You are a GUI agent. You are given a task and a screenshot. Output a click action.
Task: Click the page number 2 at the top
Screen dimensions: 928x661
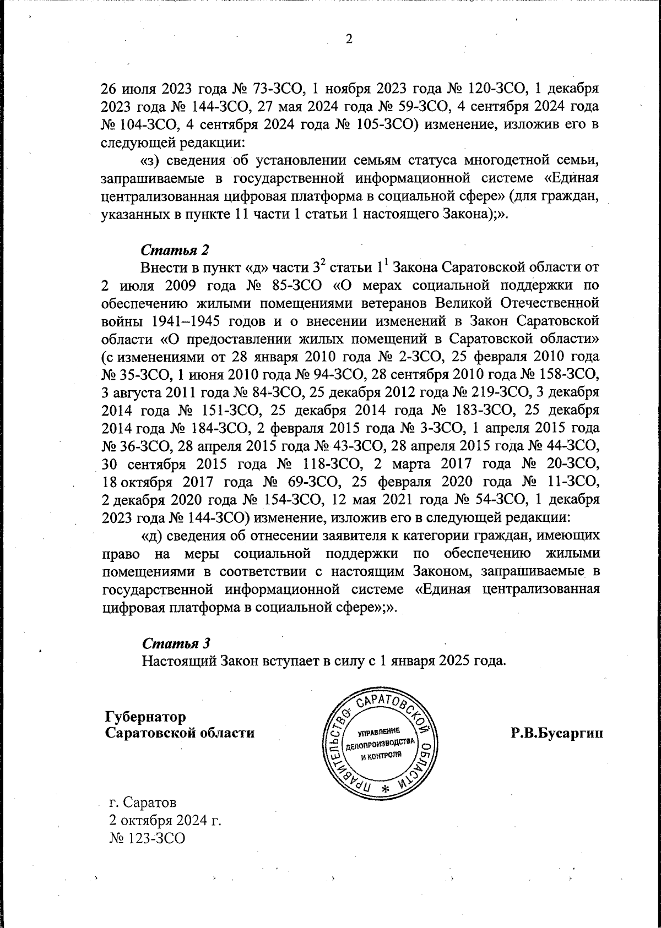[348, 39]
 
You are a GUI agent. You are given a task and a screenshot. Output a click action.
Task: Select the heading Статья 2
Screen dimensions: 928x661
[176, 250]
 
